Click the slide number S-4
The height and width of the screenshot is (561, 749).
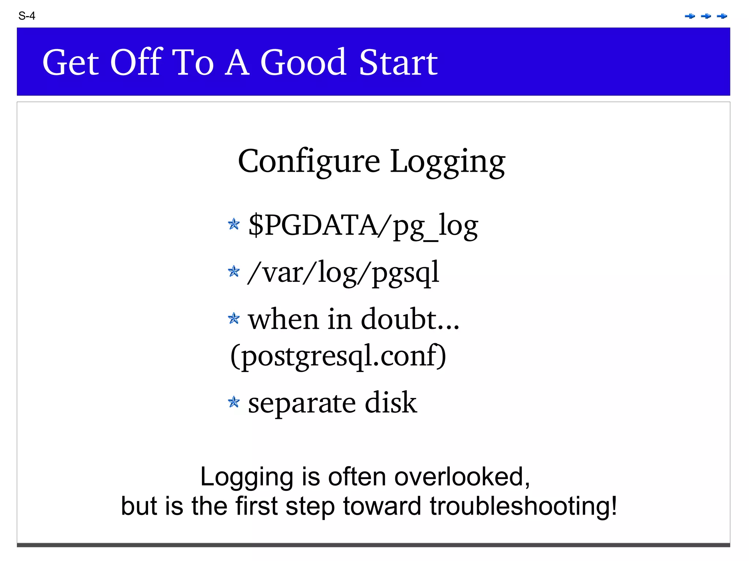pos(27,16)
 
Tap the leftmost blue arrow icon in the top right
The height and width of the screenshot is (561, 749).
pos(690,16)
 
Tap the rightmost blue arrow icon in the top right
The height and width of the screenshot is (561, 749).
pos(722,16)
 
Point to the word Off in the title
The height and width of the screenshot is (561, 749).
pos(136,62)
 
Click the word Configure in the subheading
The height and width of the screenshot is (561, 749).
pos(309,162)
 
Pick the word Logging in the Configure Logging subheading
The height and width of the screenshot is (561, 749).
pos(447,162)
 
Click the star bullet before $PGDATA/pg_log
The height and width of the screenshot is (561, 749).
pos(234,224)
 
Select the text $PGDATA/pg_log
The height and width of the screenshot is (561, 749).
pos(363,225)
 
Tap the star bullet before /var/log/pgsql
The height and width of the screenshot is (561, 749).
pos(234,271)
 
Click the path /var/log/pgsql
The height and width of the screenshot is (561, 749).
pos(343,273)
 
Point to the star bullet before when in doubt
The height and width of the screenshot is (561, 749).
pos(234,318)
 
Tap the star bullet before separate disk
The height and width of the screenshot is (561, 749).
pos(234,402)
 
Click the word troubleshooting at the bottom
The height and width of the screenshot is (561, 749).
pos(523,506)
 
